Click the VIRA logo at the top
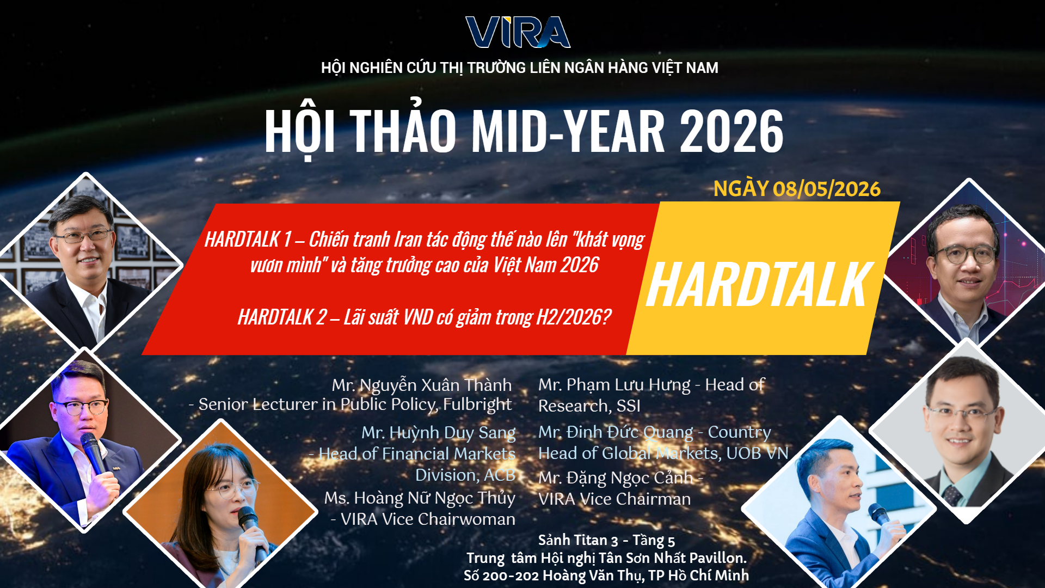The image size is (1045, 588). click(x=518, y=32)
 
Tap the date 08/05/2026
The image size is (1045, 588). click(x=826, y=189)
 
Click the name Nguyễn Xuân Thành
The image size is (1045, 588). click(x=435, y=385)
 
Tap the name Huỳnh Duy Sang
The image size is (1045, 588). click(x=452, y=432)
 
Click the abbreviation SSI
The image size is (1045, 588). click(x=628, y=406)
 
